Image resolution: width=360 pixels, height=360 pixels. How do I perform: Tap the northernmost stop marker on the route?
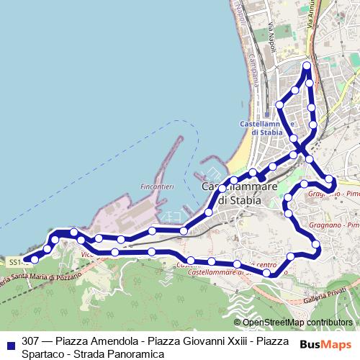(x=307, y=66)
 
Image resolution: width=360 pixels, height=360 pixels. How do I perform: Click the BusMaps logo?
(x=325, y=343)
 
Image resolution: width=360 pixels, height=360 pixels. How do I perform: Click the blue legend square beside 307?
(x=10, y=341)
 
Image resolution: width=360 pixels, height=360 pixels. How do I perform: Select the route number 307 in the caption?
(x=31, y=341)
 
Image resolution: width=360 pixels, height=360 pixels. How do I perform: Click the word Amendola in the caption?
(x=109, y=341)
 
